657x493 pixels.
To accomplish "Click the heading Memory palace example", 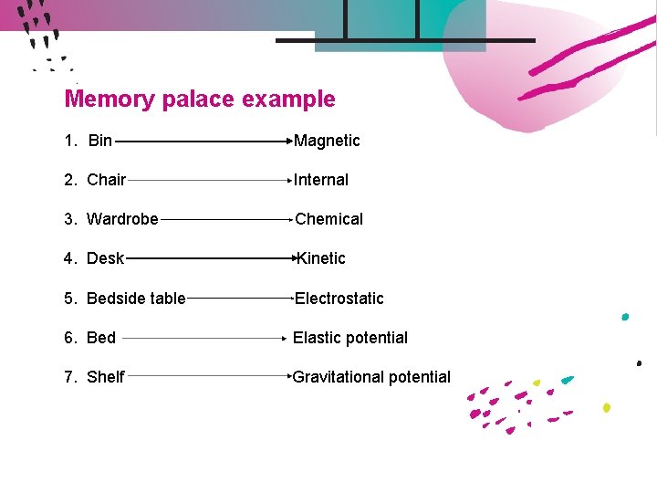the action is [200, 99].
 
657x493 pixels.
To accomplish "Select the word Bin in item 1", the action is [100, 141].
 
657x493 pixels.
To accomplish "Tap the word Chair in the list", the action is [106, 180].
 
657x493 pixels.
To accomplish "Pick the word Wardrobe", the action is [122, 219].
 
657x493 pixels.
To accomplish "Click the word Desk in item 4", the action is [105, 258].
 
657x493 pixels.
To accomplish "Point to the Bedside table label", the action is [136, 299].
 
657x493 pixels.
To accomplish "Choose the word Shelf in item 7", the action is [105, 377].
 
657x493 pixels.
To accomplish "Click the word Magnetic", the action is [327, 141].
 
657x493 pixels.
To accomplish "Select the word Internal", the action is [320, 180].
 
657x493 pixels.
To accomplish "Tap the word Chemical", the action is [328, 219].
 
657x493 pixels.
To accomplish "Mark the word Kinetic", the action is [321, 258].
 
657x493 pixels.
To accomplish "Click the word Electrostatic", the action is [339, 299].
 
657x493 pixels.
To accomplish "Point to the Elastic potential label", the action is [349, 338].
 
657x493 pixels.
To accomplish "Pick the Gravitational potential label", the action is [371, 377].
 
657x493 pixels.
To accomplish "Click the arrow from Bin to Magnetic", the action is [203, 142].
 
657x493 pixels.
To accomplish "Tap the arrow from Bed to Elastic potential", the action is [205, 338].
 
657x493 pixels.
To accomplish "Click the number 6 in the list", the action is [69, 338].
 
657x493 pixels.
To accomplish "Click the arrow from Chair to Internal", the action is [209, 181].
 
